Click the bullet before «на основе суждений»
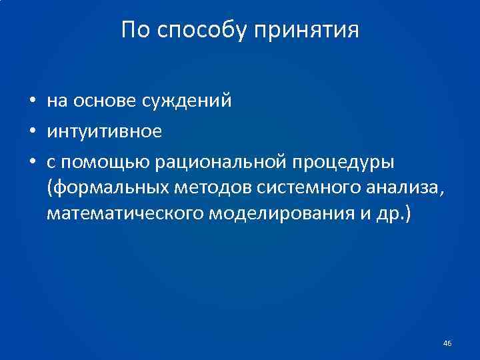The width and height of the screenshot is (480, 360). click(x=32, y=101)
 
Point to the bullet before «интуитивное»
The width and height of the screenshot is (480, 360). click(x=32, y=131)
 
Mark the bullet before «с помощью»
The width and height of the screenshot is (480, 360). click(x=32, y=161)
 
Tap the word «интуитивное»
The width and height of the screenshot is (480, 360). click(x=105, y=131)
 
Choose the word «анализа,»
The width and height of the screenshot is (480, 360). click(x=401, y=189)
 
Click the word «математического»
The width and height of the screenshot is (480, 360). click(x=125, y=215)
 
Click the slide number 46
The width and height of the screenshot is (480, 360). click(x=447, y=343)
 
